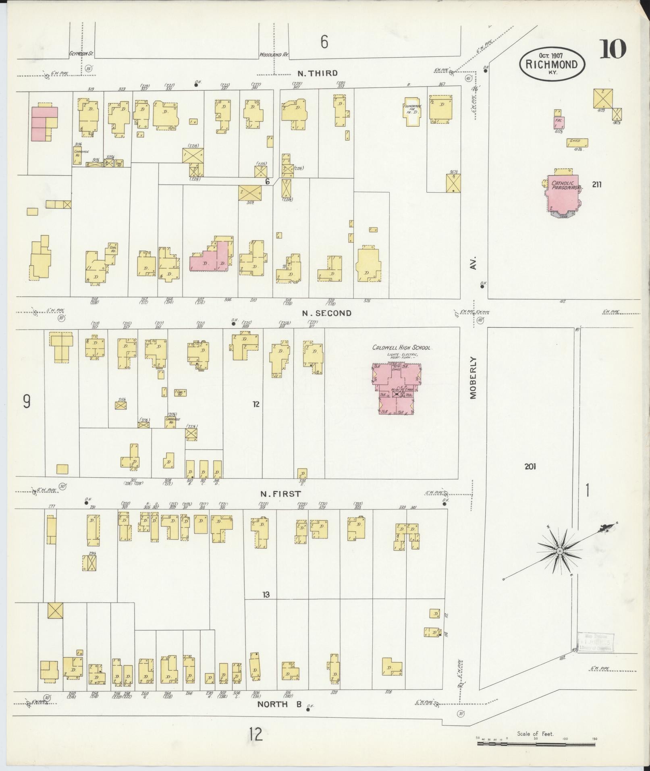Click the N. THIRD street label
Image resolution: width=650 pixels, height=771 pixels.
click(x=317, y=73)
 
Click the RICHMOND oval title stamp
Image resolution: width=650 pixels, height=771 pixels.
click(x=552, y=63)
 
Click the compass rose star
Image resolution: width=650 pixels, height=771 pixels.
click(x=560, y=551)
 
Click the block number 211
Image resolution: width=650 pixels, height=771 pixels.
click(x=597, y=185)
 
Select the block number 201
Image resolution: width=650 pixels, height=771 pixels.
click(x=530, y=467)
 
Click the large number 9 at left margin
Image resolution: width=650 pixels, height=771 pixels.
click(x=27, y=401)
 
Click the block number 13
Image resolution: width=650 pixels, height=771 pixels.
click(x=266, y=594)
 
